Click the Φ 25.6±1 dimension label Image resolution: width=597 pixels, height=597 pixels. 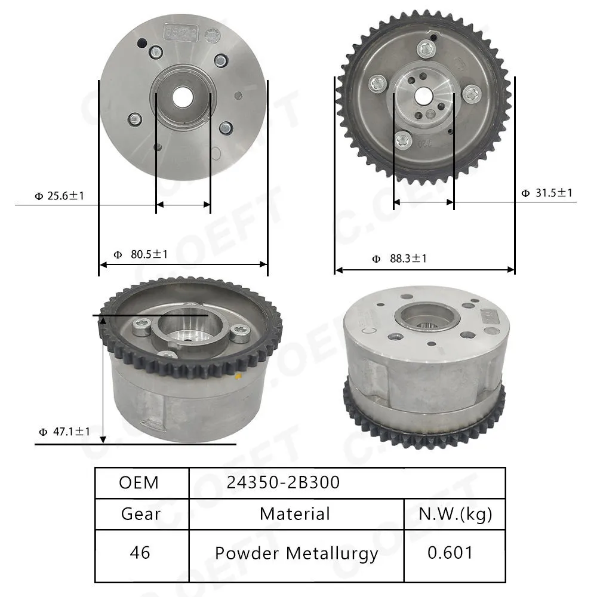coord(59,196)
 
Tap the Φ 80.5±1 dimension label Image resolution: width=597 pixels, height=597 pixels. coord(141,254)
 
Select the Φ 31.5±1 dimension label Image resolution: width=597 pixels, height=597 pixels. coord(547,193)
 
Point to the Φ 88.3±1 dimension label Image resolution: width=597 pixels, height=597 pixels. coord(399,259)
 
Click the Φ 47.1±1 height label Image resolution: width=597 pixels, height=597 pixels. coord(64,432)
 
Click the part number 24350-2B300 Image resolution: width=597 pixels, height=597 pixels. coord(283,482)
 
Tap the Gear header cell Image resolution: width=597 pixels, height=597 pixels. coord(141,514)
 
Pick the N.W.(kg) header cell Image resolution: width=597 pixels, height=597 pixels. coord(455,515)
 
